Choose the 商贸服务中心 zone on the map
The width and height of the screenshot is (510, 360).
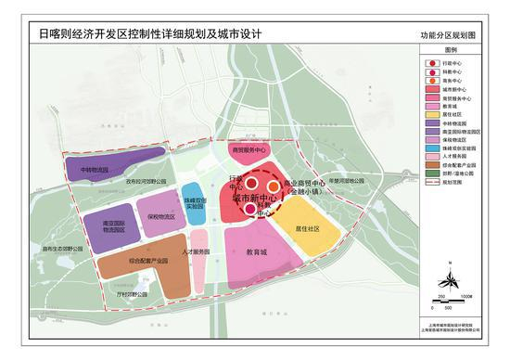click(x=243, y=148)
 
